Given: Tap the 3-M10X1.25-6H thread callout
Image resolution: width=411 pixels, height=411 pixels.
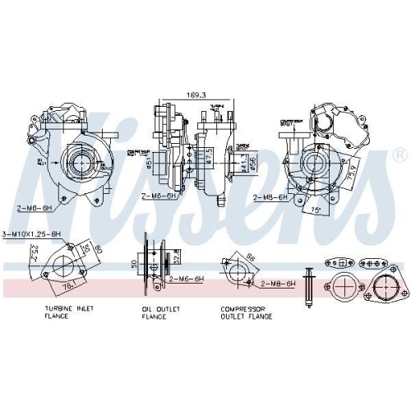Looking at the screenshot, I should point(32,233).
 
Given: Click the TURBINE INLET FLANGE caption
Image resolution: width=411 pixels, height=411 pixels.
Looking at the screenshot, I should point(68,312).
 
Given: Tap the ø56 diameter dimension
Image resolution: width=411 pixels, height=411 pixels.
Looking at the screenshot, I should point(252,165).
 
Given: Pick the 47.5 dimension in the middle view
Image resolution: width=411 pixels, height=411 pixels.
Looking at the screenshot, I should point(210,156).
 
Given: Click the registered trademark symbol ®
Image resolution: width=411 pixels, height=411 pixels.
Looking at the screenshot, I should point(399,155).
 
